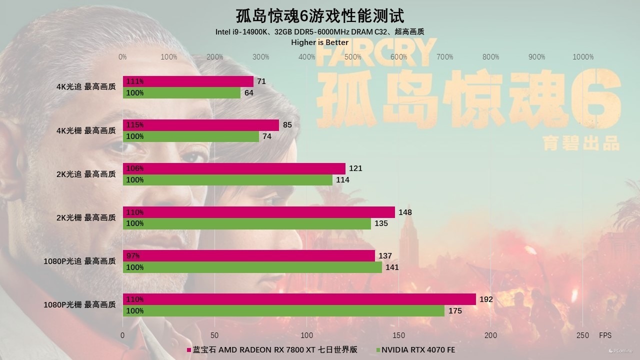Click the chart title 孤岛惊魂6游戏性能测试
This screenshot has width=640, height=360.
coord(319,16)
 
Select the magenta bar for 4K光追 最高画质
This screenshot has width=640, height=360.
coord(188,81)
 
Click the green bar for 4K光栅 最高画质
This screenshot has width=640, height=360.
coord(191,136)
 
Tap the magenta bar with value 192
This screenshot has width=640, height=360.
coord(299,299)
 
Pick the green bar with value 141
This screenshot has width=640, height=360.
coord(252,267)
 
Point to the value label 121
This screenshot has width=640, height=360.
coord(355,168)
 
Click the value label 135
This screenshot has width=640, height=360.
coord(381,223)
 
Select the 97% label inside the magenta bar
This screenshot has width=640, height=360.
coord(133,256)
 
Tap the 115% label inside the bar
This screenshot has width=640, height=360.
coord(135,125)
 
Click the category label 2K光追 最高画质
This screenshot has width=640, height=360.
coord(85,174)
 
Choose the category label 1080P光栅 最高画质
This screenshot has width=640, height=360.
coord(79,304)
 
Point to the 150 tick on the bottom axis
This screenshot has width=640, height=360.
coord(398,335)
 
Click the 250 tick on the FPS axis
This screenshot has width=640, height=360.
coord(582,335)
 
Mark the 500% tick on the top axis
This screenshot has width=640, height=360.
coord(352,57)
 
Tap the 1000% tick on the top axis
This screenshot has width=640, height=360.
coord(582,57)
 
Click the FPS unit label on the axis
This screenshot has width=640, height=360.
coord(605,335)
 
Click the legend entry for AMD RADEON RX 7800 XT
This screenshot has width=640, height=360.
coord(272,350)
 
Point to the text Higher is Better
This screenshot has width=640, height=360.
coord(319,42)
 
